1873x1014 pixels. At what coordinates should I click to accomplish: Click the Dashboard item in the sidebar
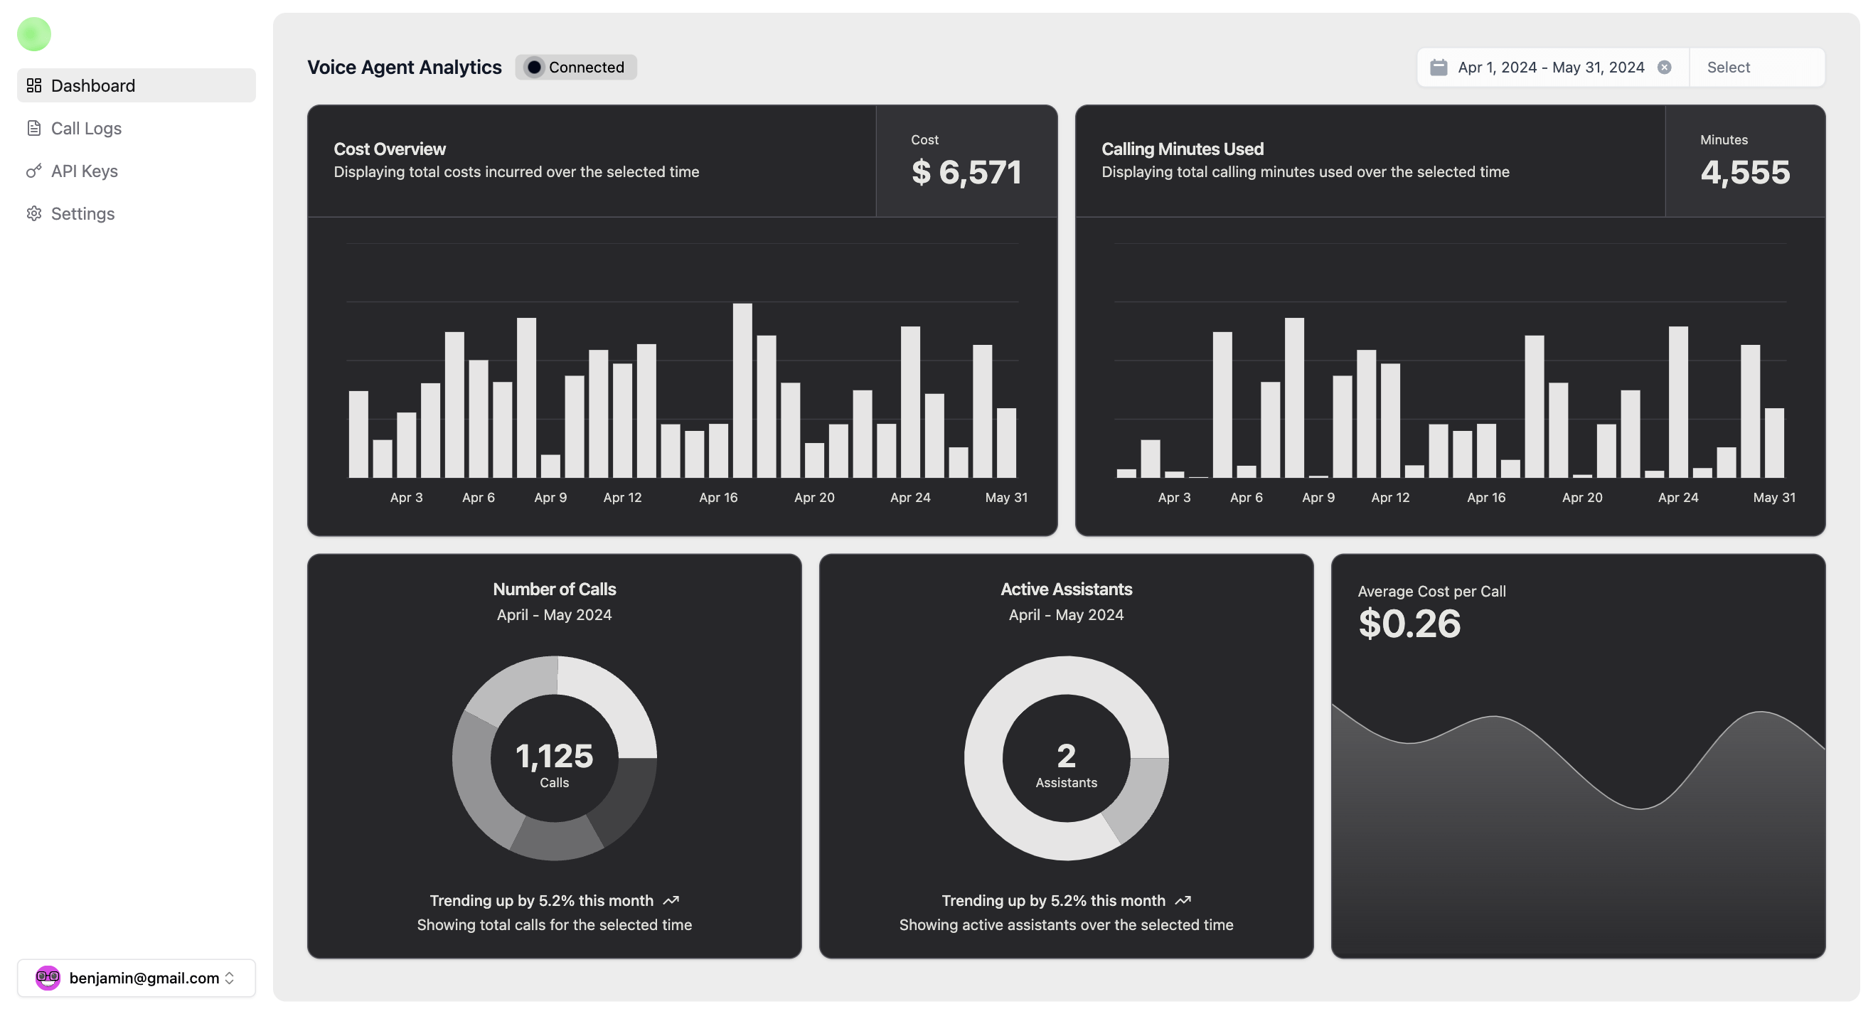point(93,86)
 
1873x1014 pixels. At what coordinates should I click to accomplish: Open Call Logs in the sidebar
point(86,129)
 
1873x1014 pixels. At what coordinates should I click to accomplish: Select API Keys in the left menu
point(84,171)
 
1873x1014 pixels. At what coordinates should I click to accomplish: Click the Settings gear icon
point(34,214)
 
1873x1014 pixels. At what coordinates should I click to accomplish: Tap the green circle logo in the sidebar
point(34,34)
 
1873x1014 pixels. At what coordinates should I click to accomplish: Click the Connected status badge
point(576,68)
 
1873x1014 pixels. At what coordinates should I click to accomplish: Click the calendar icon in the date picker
point(1439,68)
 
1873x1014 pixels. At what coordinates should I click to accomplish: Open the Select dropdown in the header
point(1755,68)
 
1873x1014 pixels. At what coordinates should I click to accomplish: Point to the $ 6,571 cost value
point(966,172)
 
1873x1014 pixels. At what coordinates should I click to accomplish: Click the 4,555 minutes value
point(1744,172)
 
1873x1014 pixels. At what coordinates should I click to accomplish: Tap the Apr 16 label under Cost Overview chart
point(718,497)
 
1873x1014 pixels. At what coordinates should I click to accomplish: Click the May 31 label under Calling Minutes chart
point(1773,497)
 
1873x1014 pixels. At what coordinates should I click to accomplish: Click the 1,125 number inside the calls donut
point(554,756)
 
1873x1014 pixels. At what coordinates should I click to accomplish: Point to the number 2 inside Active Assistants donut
point(1066,756)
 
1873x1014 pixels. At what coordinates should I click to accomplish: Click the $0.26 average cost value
point(1409,624)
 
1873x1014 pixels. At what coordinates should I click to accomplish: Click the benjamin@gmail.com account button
point(137,978)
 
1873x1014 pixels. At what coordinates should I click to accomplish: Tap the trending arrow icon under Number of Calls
point(671,901)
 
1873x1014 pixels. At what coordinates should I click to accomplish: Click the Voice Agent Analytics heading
point(405,68)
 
